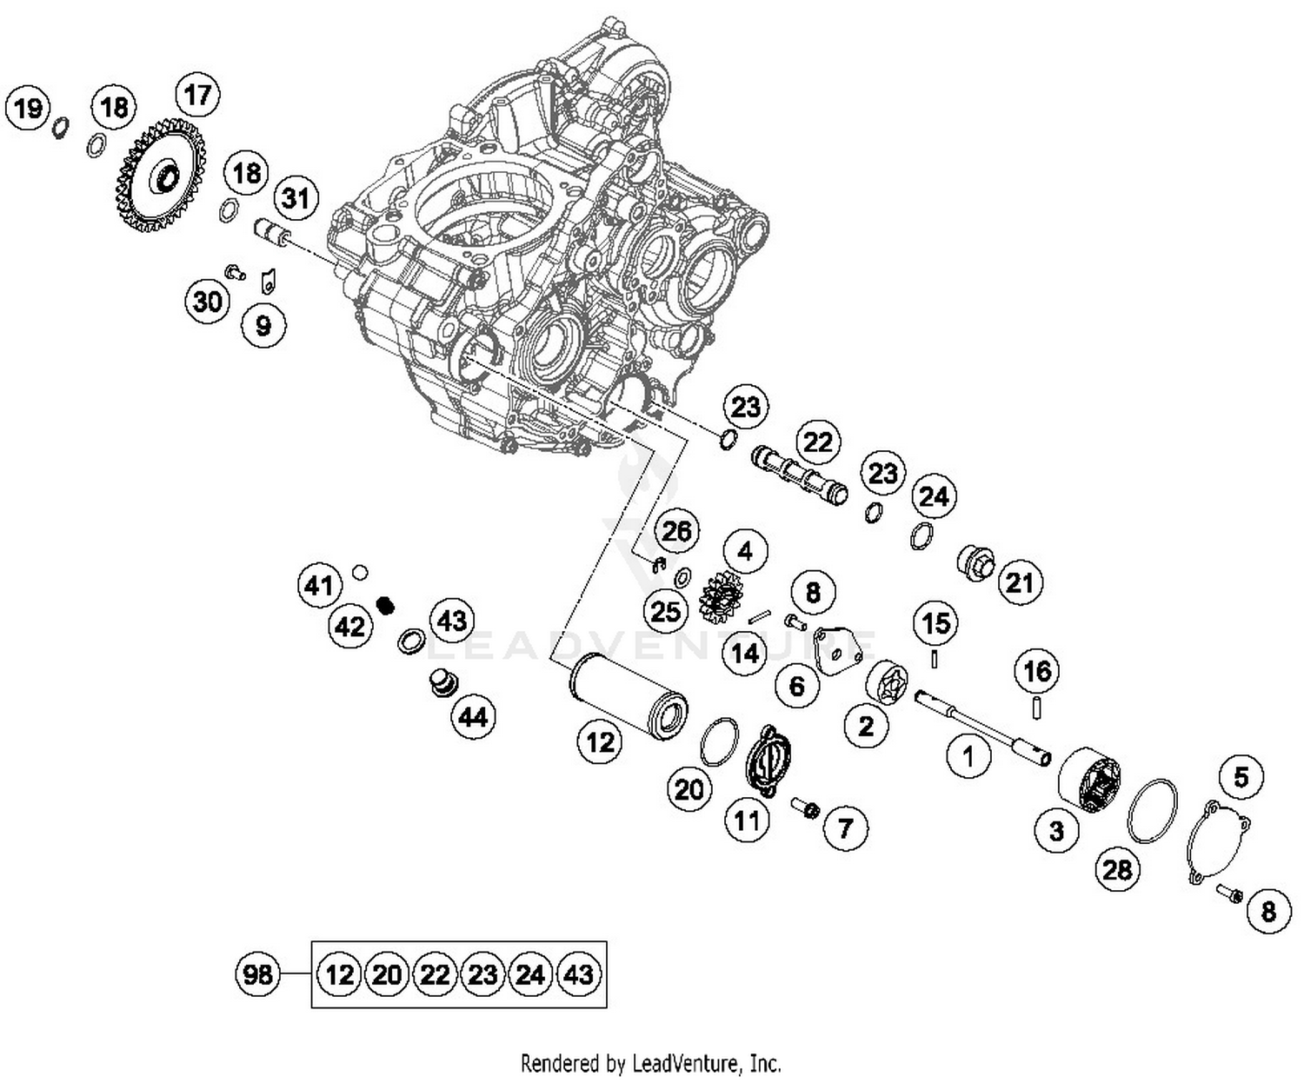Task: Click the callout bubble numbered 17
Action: [x=198, y=95]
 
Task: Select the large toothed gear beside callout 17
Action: [x=161, y=179]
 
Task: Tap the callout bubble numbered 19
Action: [x=29, y=109]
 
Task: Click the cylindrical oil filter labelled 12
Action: [x=628, y=697]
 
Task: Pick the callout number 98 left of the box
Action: [x=258, y=973]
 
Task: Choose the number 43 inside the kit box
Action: [x=578, y=974]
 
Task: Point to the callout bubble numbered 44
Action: [x=473, y=717]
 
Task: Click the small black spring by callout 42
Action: [x=385, y=604]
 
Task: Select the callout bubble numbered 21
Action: [x=1019, y=581]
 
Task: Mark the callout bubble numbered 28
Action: [x=1117, y=868]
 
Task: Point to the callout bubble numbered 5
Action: [x=1241, y=776]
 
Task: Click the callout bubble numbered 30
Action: [x=208, y=302]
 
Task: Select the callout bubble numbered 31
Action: [x=296, y=198]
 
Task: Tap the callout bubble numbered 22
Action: [x=817, y=442]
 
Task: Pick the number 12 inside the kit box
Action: [x=339, y=974]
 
